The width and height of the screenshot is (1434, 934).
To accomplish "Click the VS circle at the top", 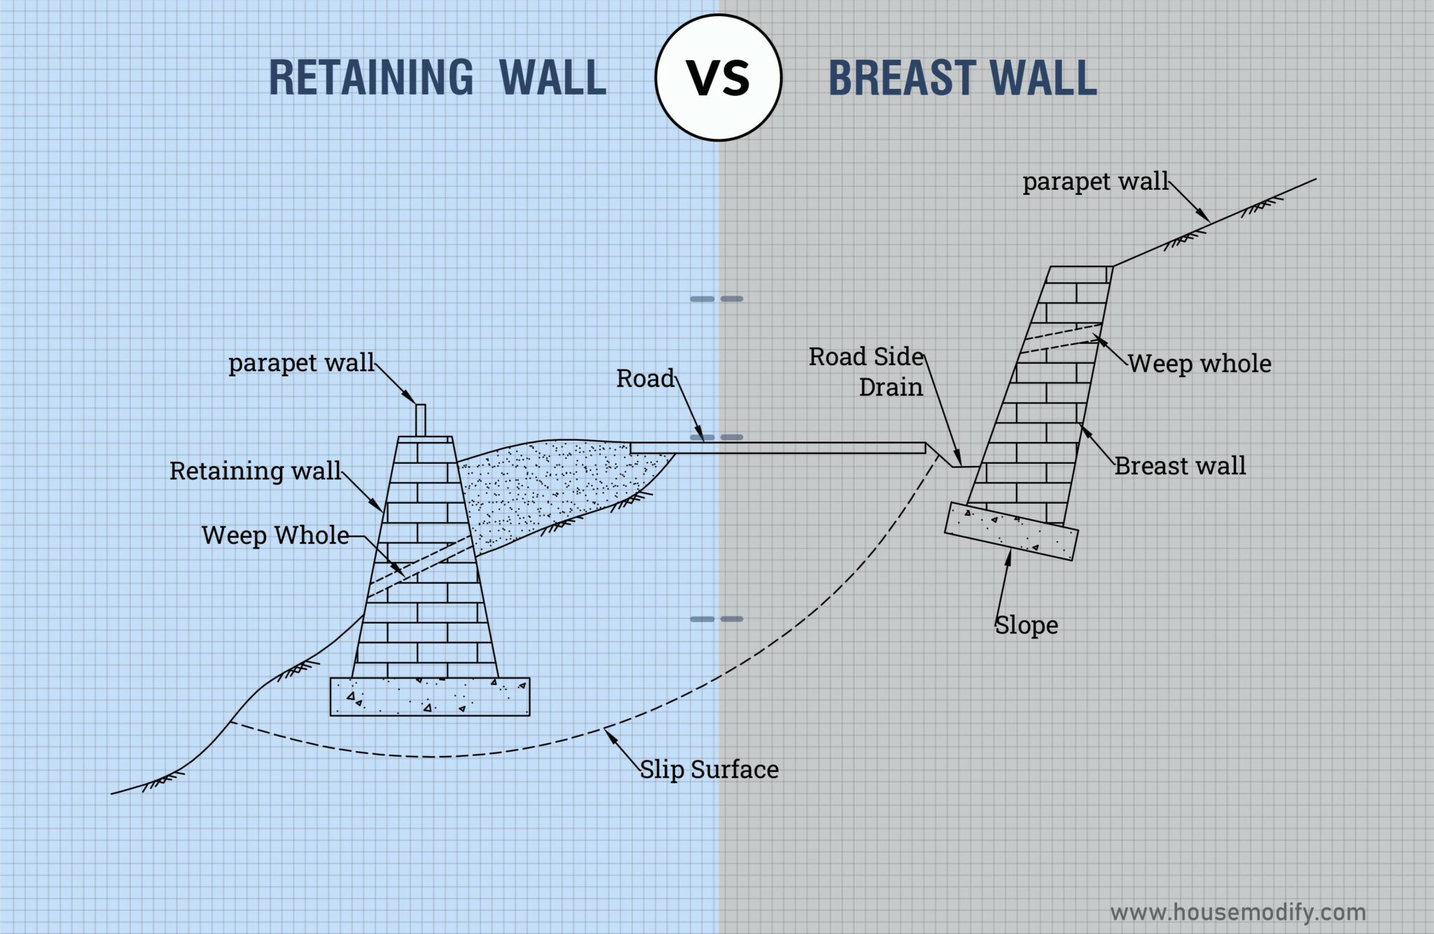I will point(718,77).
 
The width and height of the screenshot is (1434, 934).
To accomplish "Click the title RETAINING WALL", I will point(438,77).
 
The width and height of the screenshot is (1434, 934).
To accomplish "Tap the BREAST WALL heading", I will point(963,77).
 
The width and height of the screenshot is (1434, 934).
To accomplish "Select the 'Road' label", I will point(645,378).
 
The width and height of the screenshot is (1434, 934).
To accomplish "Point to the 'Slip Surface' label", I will point(709,769).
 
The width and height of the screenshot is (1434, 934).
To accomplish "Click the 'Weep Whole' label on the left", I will point(275,535).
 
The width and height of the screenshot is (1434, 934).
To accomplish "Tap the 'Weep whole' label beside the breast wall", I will point(1199,364).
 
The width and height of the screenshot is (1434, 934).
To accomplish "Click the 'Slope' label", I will point(1026,625).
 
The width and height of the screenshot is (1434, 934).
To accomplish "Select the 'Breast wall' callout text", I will point(1180,466).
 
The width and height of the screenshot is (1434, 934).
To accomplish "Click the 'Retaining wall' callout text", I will point(255,471).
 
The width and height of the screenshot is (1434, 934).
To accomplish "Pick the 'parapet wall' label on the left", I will point(302,363).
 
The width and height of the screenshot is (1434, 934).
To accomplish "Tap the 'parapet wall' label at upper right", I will point(1096,182).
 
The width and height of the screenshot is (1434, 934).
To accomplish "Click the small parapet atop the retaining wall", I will point(421,420).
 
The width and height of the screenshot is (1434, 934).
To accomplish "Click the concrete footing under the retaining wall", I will point(430,696).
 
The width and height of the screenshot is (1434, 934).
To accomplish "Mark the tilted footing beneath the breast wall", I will point(1011,531).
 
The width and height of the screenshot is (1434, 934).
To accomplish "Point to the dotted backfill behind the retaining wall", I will point(553,483).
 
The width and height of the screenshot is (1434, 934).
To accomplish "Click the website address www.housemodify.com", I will point(1237,912).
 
